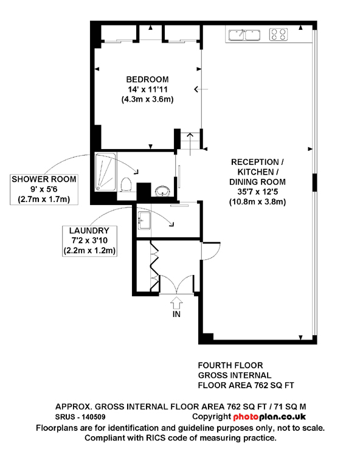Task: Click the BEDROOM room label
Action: pos(147,80)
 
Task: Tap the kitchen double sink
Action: pos(244,35)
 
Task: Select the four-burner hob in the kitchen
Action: pos(279,34)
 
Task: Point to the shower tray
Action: pos(106,172)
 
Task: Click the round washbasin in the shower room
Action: pos(162,191)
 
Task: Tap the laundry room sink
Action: pos(144,221)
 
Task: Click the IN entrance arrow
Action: pos(176,302)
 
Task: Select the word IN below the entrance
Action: pos(176,314)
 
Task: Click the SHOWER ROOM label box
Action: pos(44,189)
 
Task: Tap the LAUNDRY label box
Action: pos(89,241)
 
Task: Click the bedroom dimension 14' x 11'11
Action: pos(148,89)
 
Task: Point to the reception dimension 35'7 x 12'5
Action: pos(258,192)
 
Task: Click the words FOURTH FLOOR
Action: pos(230,366)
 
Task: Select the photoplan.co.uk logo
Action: pos(269,417)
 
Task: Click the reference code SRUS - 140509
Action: pos(80,417)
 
